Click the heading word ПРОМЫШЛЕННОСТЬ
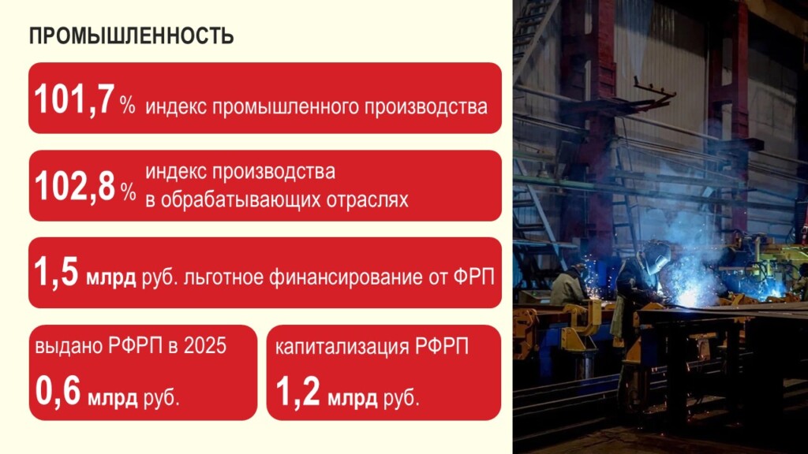[x=131, y=36]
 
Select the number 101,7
[x=74, y=101]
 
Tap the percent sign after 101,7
[x=128, y=106]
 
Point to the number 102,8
[x=74, y=188]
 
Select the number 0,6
[x=58, y=392]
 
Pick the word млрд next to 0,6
[x=113, y=396]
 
